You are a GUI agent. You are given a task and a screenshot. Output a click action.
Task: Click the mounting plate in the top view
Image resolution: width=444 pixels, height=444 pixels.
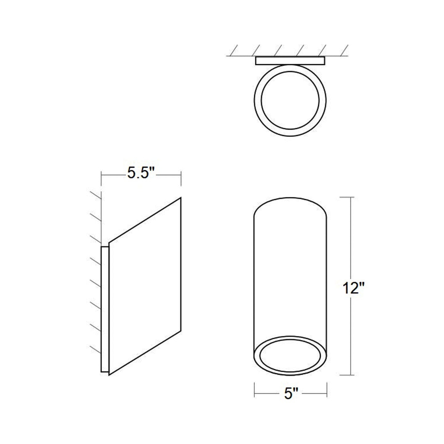point(290,61)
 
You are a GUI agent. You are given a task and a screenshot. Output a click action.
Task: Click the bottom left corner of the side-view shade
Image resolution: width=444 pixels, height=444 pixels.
point(109,374)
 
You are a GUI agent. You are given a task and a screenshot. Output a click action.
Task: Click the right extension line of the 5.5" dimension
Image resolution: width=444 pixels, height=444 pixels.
point(181,178)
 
